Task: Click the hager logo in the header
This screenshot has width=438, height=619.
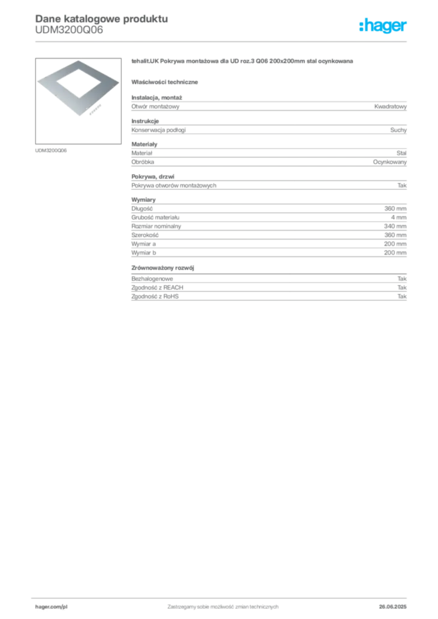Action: coord(382,26)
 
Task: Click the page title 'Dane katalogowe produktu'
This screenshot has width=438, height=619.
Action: coord(102,19)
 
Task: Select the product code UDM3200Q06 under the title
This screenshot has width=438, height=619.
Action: coord(69,30)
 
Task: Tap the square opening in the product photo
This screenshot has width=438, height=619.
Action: coord(79,83)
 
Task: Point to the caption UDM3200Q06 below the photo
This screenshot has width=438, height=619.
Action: coord(51,151)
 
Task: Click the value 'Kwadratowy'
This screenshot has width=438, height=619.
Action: coord(390,106)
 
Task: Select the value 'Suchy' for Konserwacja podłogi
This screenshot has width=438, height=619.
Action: coord(398,130)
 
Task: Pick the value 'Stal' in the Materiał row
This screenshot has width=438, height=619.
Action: coord(401,153)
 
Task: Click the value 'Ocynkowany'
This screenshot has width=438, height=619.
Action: coord(390,162)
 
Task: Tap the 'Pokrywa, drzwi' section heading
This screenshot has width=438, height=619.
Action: coord(152,177)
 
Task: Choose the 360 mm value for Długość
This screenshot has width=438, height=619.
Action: coord(395,209)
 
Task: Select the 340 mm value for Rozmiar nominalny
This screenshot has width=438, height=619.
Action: coord(395,226)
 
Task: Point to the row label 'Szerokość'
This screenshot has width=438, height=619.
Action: coord(145,235)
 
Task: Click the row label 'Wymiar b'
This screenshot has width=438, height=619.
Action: coord(143,253)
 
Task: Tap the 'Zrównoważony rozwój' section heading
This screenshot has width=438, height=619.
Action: coord(163,268)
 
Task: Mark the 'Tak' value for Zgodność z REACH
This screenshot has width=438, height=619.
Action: coord(402,287)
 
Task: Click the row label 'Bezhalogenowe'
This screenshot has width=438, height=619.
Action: coord(152,279)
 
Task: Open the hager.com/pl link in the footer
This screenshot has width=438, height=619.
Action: coord(51,607)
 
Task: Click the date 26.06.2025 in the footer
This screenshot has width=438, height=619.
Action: coord(393,607)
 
